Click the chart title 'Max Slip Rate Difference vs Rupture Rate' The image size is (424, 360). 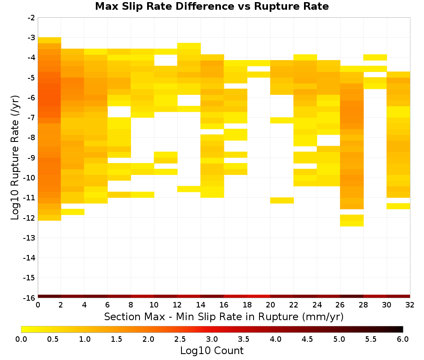(212, 6)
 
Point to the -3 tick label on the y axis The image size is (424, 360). (31, 38)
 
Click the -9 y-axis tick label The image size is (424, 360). (31, 158)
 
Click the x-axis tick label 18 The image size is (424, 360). (247, 305)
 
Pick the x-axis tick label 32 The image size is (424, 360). (410, 305)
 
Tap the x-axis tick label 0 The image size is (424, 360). (38, 305)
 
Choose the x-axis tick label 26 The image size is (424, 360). (340, 305)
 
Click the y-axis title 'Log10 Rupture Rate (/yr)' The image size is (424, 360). (15, 158)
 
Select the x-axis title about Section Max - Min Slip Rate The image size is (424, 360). (224, 316)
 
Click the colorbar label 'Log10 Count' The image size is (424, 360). (212, 351)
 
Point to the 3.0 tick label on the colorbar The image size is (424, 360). (212, 339)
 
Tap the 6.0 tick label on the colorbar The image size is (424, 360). (403, 339)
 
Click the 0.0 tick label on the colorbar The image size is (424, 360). (21, 339)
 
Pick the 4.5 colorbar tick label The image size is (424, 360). (307, 339)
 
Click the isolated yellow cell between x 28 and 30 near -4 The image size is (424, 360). (375, 57)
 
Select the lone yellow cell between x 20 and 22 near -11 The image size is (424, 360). (282, 200)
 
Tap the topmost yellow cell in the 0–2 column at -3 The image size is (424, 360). (50, 40)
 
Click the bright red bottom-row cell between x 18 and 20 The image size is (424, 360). (259, 296)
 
